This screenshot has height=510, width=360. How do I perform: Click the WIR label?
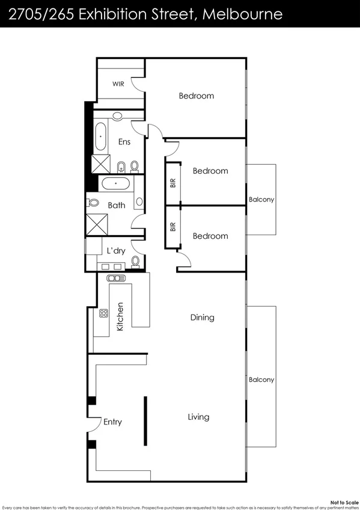(x=118, y=84)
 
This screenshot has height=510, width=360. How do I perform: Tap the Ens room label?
(x=124, y=142)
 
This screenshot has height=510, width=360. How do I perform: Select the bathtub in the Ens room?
(x=100, y=137)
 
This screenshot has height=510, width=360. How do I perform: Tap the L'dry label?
(x=115, y=250)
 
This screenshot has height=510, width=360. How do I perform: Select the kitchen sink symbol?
(x=114, y=278)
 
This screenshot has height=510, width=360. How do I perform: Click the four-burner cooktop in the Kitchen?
(x=103, y=313)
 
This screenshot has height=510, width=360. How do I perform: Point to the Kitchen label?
(x=120, y=317)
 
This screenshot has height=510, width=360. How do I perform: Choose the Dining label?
(x=202, y=318)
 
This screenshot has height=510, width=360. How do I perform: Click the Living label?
(x=198, y=417)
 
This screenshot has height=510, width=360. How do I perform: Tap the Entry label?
(x=112, y=422)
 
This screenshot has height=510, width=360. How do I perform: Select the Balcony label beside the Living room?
(x=261, y=379)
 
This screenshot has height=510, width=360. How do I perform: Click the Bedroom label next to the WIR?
(x=197, y=96)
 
